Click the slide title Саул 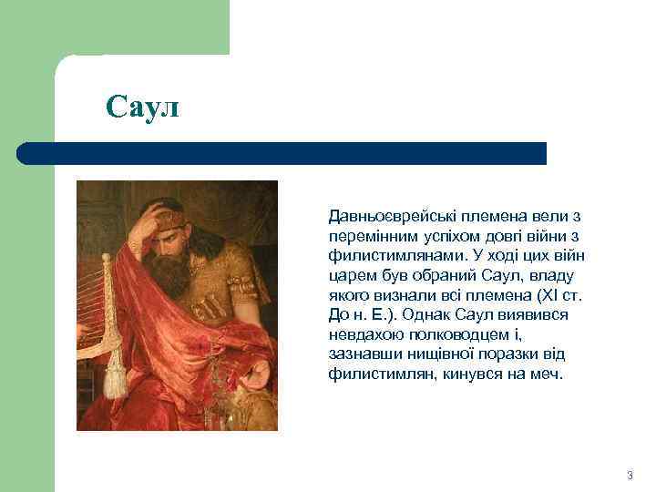143,108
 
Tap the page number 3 630,477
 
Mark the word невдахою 363,335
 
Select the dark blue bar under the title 282,153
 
